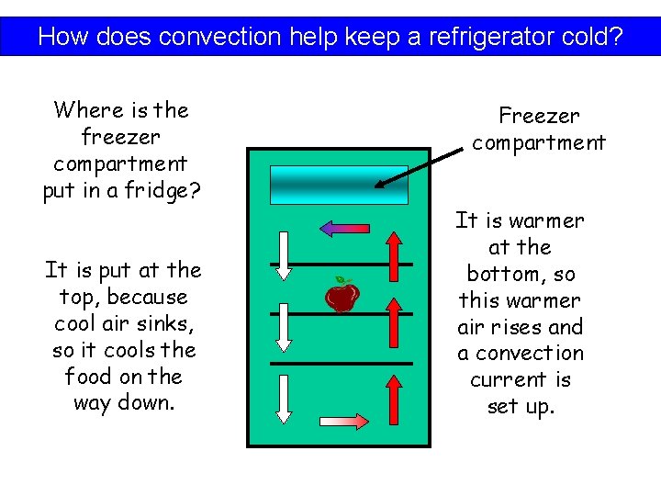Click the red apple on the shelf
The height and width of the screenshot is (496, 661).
point(342,297)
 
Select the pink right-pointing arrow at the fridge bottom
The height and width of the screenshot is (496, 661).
point(344,422)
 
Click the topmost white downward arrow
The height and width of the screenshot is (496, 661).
point(284,254)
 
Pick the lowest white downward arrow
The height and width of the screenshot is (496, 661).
point(284,399)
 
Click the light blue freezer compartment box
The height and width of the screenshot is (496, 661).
point(339,184)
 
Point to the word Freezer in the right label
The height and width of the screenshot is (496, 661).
point(539,117)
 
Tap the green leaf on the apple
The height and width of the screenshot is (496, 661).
point(342,279)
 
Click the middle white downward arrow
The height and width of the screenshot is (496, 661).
point(284,327)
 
